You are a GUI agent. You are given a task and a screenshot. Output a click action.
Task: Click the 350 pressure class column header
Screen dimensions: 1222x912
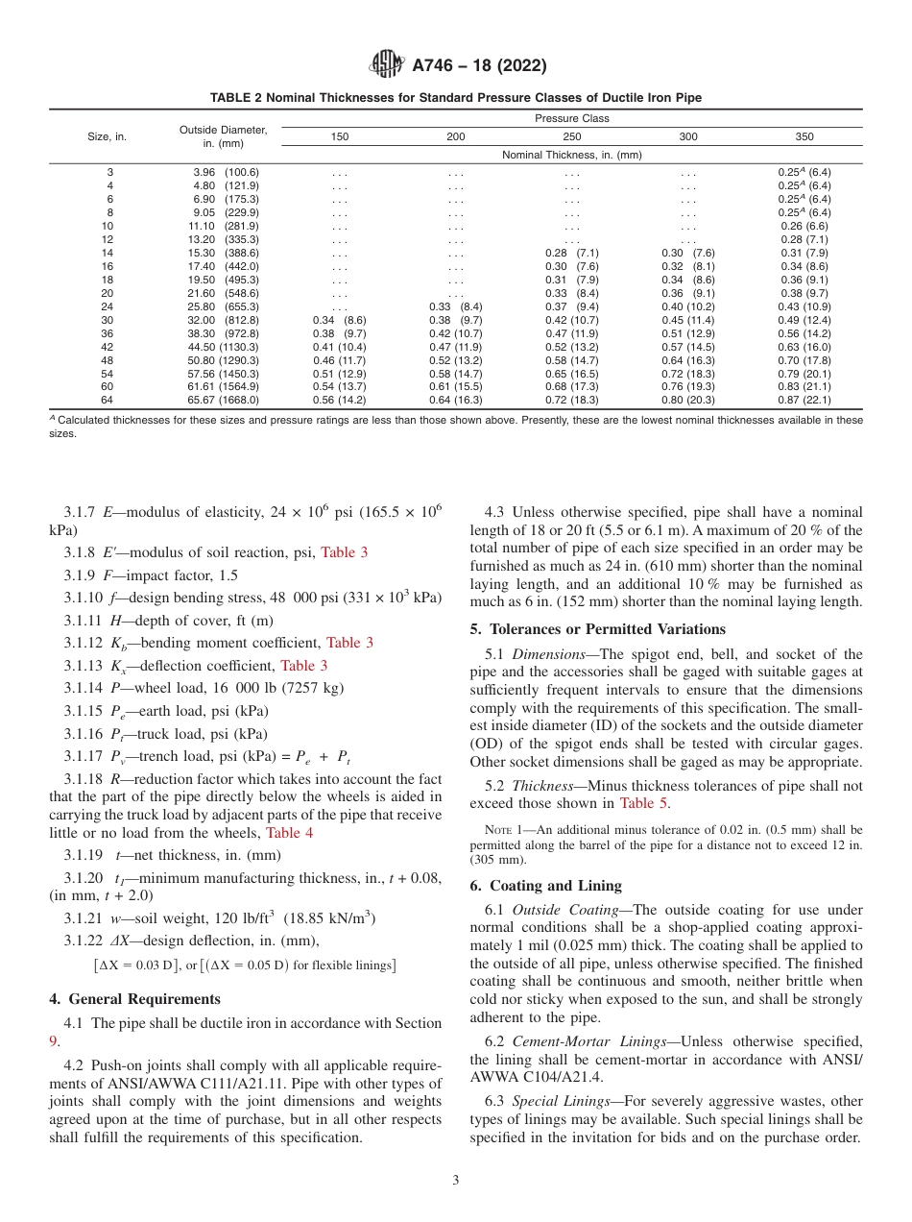[x=804, y=137]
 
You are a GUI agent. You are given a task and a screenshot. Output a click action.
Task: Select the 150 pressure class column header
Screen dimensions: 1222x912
[x=340, y=137]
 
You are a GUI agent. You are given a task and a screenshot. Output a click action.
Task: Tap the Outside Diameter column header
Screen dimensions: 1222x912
[x=223, y=136]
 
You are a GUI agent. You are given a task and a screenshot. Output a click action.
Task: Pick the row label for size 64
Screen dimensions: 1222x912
[x=108, y=400]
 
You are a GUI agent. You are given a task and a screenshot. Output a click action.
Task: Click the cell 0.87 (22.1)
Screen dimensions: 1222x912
[x=804, y=400]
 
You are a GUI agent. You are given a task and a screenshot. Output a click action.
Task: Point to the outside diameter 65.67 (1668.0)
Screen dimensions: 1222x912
[x=225, y=400]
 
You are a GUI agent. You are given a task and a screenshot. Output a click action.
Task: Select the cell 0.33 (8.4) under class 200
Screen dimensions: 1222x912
[x=456, y=305]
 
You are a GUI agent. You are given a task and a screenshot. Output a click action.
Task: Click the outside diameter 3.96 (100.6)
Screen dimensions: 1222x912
[x=225, y=172]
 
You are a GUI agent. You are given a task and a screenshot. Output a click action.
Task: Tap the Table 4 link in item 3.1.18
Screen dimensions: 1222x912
[x=289, y=833]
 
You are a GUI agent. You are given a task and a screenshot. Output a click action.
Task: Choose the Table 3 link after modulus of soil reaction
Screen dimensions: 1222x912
[x=344, y=552]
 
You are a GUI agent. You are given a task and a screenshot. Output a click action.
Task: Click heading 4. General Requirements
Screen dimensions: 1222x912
[x=135, y=998]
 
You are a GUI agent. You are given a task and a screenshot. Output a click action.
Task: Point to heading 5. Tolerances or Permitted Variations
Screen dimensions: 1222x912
[x=597, y=629]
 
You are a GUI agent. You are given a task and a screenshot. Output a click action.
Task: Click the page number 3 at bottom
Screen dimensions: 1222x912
[x=456, y=1180]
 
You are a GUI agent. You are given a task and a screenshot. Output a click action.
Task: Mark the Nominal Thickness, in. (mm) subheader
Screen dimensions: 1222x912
[x=572, y=155]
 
